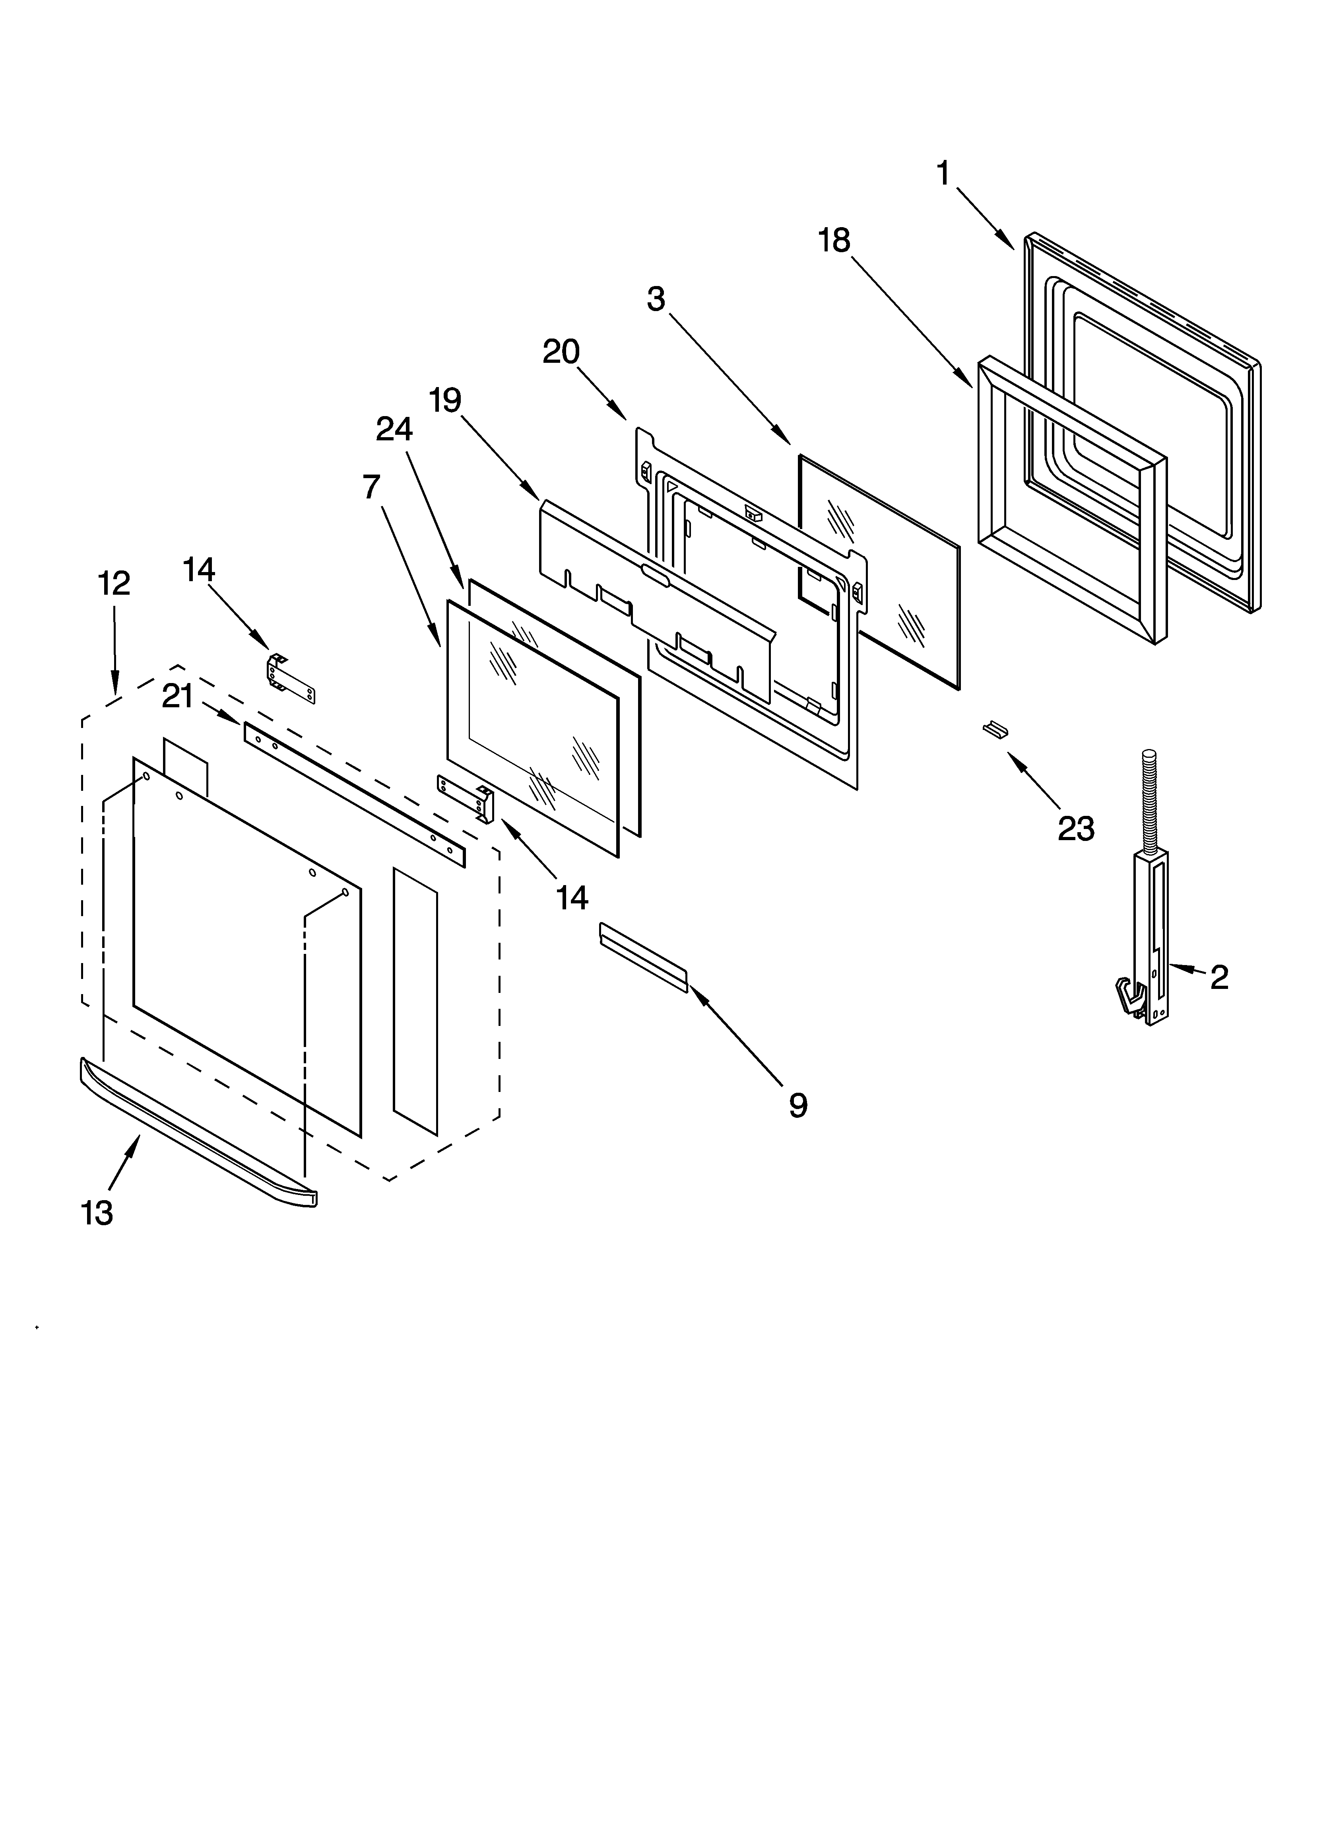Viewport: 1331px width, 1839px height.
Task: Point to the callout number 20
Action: (561, 352)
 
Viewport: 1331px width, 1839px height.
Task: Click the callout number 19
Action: (445, 401)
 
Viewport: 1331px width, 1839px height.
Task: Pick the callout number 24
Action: (394, 429)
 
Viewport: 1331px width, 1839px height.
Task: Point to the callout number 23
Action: (1076, 829)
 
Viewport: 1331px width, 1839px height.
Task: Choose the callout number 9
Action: (797, 1105)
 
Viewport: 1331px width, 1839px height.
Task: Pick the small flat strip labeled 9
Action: (643, 957)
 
